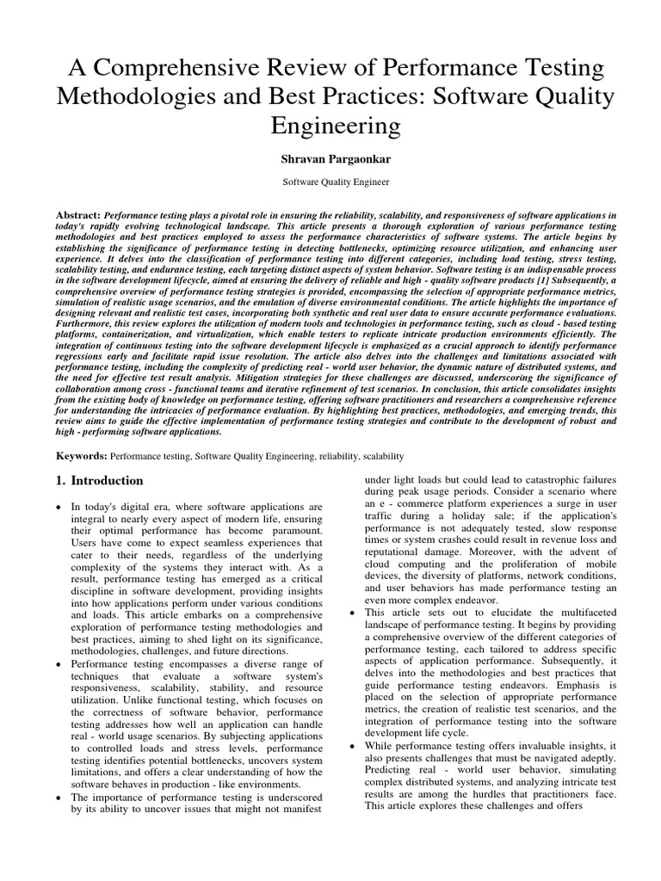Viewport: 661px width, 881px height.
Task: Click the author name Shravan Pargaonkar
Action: point(330,160)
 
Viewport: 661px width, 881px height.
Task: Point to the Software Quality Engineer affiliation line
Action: point(330,182)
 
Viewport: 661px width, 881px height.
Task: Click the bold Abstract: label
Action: point(78,213)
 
